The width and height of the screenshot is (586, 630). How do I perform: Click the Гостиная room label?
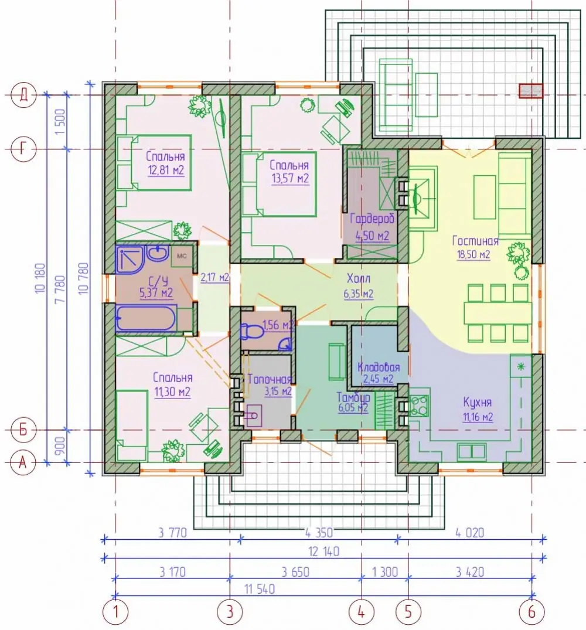[475, 240]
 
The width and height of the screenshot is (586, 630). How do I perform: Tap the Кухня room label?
[477, 402]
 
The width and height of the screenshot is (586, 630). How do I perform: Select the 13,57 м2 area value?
[290, 178]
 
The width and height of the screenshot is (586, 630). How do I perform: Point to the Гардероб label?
[372, 219]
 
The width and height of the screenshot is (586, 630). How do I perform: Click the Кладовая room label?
[379, 367]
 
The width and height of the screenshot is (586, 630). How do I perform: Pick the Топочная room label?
[269, 379]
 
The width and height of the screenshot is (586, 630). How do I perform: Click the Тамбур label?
[353, 397]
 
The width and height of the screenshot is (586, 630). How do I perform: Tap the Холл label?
[358, 278]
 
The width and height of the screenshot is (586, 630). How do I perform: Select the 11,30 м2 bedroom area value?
[172, 391]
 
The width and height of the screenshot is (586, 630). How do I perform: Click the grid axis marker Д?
[23, 95]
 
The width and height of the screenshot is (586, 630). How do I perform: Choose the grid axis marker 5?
[408, 612]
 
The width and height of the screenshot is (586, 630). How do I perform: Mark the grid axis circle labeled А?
[23, 462]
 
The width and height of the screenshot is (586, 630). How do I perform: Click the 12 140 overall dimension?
[323, 551]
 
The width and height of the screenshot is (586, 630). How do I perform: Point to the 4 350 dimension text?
[319, 533]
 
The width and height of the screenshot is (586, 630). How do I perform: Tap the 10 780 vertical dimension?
[83, 278]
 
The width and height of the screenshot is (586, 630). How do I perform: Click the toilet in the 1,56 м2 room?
[251, 332]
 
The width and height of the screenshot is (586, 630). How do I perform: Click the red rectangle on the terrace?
[530, 91]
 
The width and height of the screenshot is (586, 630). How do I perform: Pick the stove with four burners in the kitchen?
[419, 405]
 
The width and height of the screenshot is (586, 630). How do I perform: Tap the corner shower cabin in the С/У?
[130, 258]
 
